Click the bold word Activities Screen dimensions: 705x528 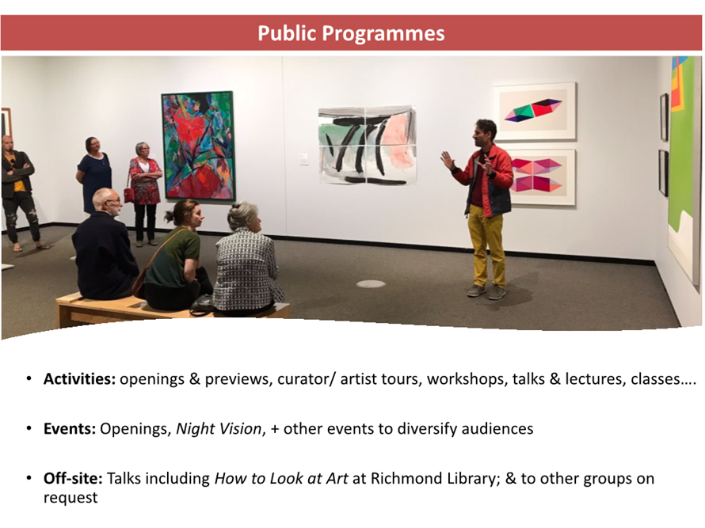pyautogui.click(x=79, y=379)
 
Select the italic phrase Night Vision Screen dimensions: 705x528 pyautogui.click(x=219, y=429)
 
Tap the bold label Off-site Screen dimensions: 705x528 pyautogui.click(x=74, y=478)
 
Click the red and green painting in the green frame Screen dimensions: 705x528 pyautogui.click(x=198, y=146)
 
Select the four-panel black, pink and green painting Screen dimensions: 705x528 pyautogui.click(x=368, y=145)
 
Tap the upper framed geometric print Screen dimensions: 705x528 pyautogui.click(x=535, y=111)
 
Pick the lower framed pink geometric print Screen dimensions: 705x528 pyautogui.click(x=536, y=177)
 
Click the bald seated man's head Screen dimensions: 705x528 pyautogui.click(x=107, y=201)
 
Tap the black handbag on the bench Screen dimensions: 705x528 pyautogui.click(x=201, y=306)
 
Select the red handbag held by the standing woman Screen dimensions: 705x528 pyautogui.click(x=129, y=195)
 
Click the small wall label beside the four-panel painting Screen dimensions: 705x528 pyautogui.click(x=304, y=158)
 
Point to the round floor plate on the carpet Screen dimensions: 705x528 pyautogui.click(x=371, y=283)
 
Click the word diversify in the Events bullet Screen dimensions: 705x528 pyautogui.click(x=426, y=429)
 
